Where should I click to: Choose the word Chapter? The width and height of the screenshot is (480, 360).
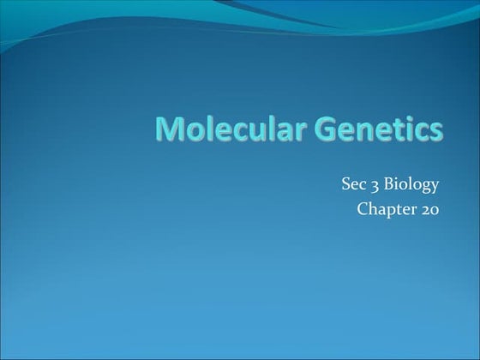pyautogui.click(x=387, y=208)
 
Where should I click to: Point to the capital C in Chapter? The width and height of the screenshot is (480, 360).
pyautogui.click(x=363, y=208)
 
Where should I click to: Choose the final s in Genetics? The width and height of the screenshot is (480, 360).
pyautogui.click(x=436, y=131)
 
